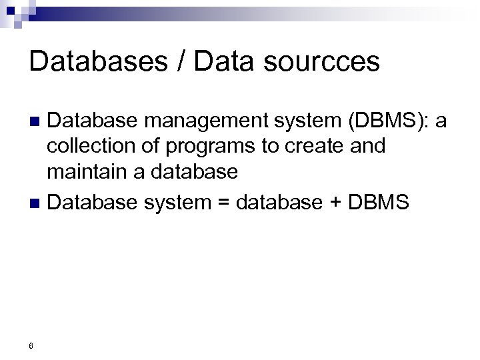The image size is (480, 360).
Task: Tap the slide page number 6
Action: pos(31,345)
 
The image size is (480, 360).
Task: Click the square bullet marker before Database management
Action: pos(37,122)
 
